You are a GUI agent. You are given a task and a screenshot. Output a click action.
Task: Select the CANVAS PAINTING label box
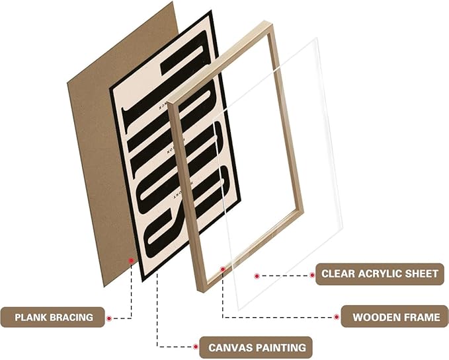(257, 347)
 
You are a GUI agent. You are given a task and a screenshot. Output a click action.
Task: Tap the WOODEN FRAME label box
(395, 317)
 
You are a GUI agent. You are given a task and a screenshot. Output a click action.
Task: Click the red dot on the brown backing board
(131, 261)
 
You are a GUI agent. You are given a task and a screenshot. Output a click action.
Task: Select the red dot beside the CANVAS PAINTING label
(200, 347)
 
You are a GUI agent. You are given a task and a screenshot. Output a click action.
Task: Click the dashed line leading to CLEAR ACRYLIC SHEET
(284, 274)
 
